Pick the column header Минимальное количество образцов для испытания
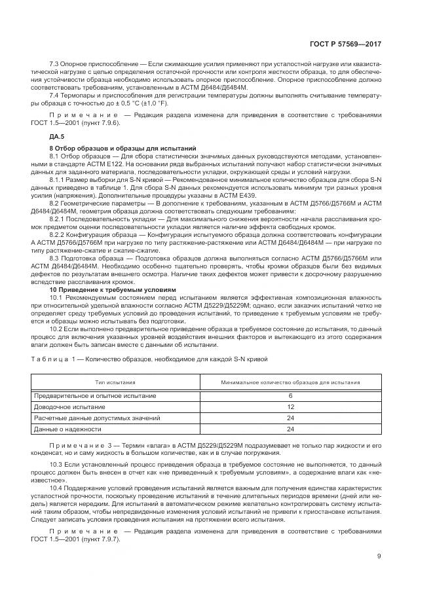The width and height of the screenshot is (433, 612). coord(290,383)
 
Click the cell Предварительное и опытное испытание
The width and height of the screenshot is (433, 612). coord(95,396)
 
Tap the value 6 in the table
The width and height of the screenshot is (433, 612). coord(290,396)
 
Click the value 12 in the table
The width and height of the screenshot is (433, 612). coord(290,406)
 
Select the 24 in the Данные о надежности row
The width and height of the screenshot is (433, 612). coord(290,429)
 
